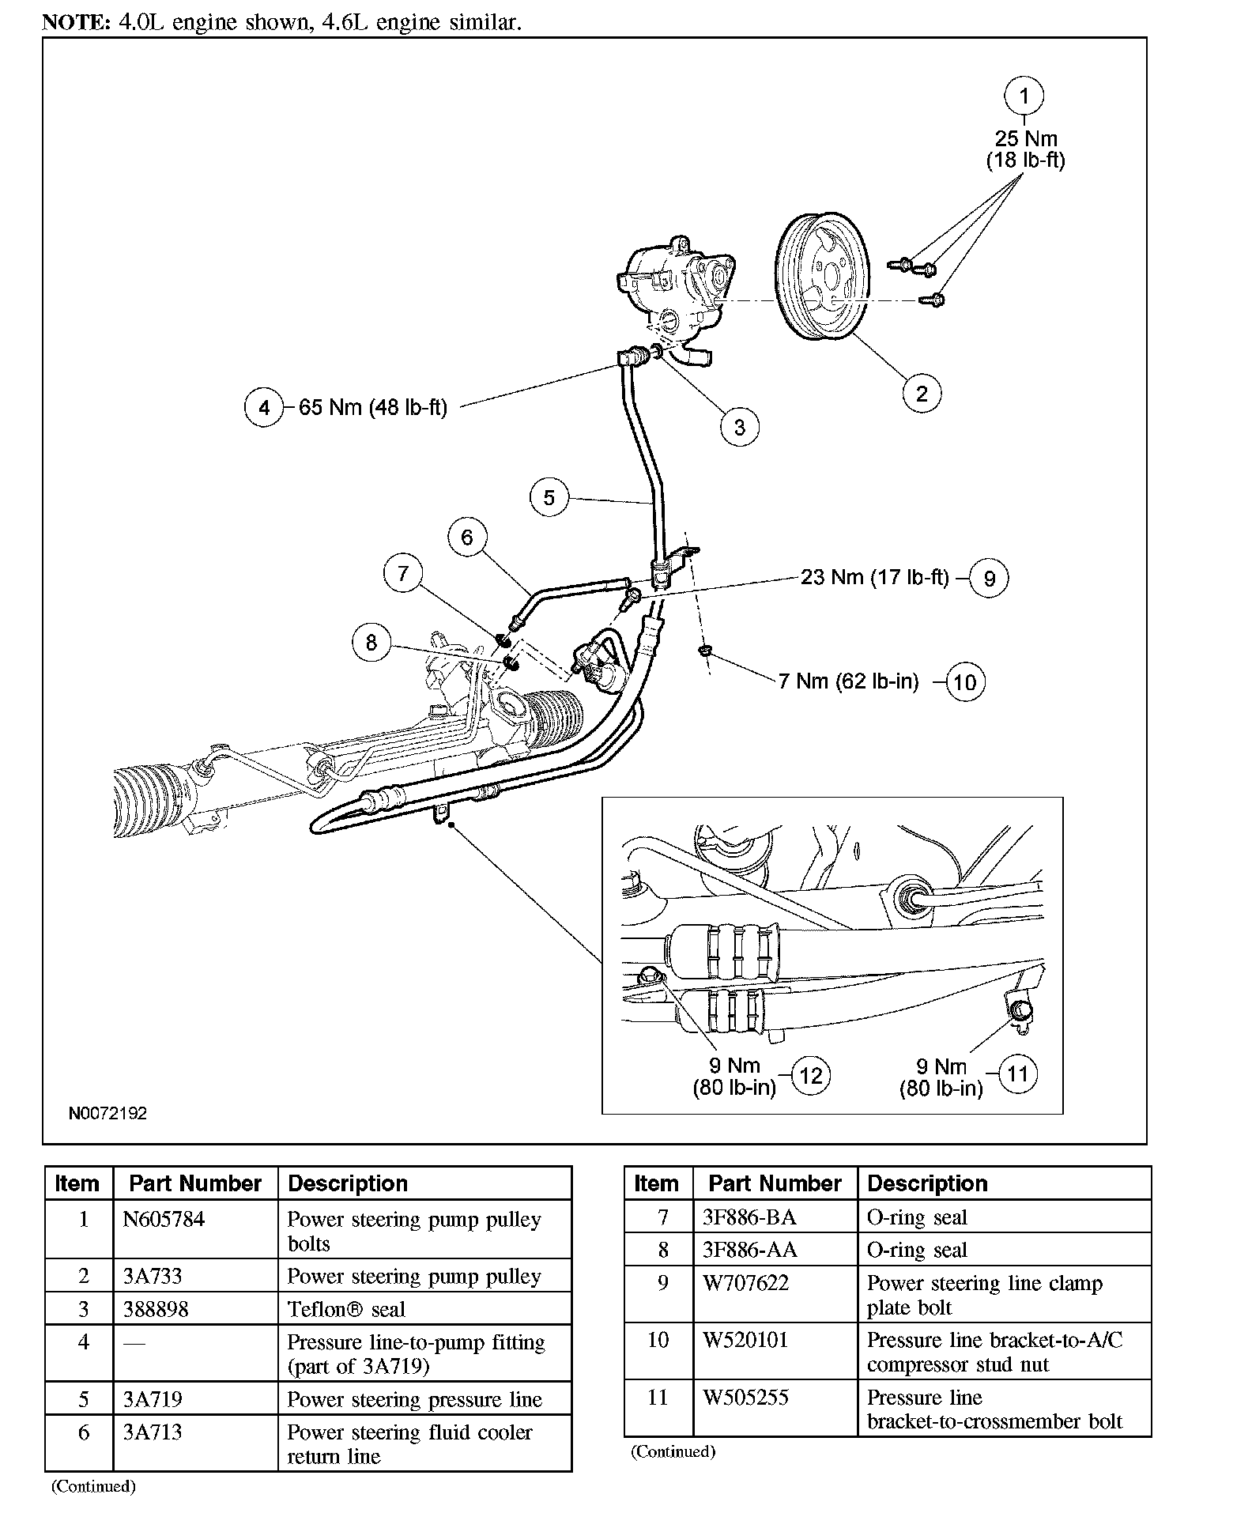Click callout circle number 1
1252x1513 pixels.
coord(1024,96)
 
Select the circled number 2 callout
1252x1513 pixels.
coord(922,393)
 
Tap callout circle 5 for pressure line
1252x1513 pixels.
coord(549,497)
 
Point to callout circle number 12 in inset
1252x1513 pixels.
coord(811,1075)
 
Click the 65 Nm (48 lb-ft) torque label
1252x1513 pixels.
coord(372,407)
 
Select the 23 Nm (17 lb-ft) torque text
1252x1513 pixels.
coord(874,577)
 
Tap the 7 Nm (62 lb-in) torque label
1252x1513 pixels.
coord(848,681)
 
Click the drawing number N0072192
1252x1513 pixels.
coord(107,1113)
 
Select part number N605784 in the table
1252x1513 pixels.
coord(164,1220)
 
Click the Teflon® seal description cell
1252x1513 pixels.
coord(346,1309)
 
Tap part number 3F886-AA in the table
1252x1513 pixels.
coord(749,1250)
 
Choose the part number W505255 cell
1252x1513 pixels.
coord(745,1398)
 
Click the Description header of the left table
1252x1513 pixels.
coord(348,1183)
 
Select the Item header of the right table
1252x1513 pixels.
coord(656,1183)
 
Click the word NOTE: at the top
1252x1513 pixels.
coord(76,22)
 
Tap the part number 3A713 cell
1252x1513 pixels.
coord(153,1432)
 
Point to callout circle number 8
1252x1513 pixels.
coord(371,643)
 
